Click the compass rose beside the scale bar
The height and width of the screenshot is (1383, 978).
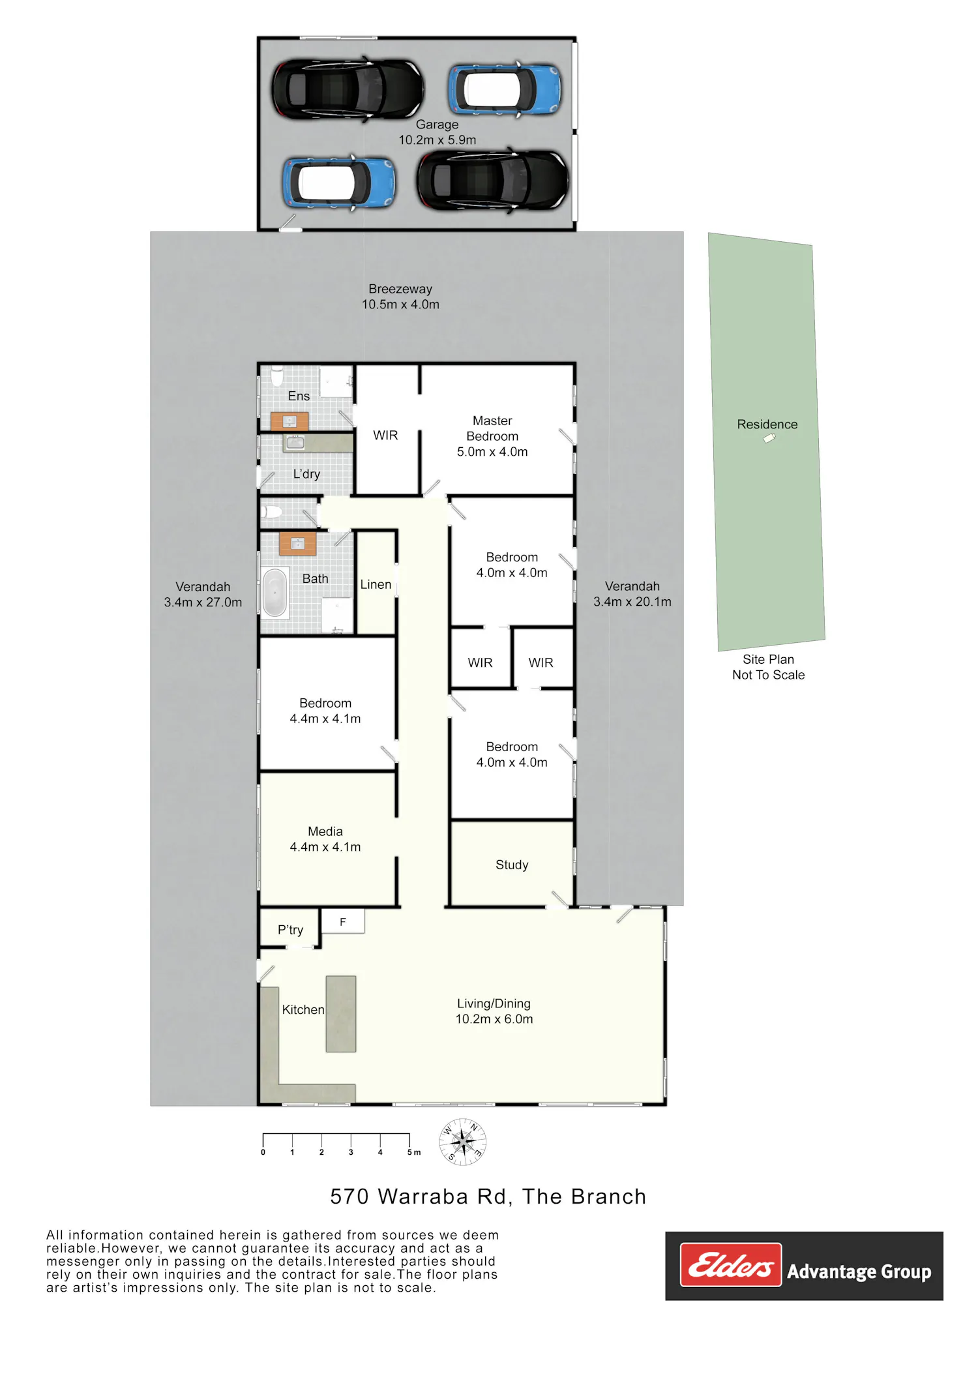462,1142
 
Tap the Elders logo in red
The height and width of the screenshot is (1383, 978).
730,1265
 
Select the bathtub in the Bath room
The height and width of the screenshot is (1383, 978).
274,592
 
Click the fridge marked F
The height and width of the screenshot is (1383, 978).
343,921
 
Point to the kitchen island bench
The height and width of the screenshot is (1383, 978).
341,1014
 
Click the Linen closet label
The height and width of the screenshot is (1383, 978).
376,585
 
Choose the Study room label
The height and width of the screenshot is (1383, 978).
512,865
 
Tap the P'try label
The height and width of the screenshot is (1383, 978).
290,930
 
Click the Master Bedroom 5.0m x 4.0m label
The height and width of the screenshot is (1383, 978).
492,436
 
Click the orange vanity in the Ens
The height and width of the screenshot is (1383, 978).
289,421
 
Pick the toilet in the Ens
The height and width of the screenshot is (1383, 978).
277,376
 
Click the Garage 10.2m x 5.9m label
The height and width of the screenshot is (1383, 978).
437,132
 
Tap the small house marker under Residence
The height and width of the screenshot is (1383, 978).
769,439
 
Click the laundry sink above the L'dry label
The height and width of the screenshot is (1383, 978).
295,443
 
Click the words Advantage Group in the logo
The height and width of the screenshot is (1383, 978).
859,1272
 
